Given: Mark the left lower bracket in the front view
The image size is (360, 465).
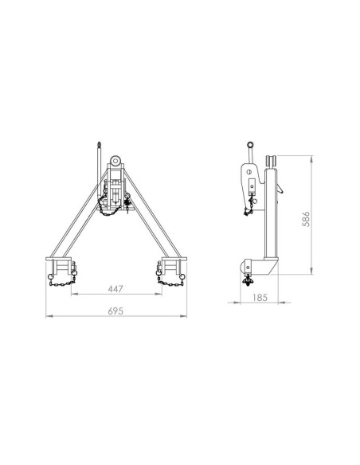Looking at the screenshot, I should [x=57, y=263].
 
